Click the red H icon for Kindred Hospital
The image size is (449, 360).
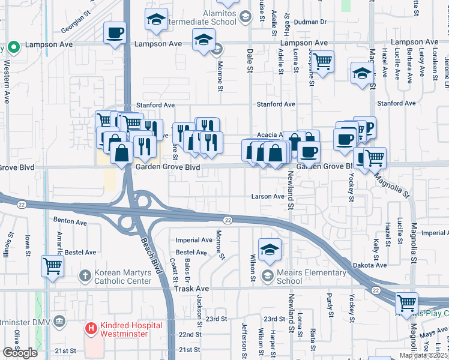91,328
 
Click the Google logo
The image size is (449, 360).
20,353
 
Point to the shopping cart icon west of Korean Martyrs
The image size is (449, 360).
52,265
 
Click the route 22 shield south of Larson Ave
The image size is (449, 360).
228,220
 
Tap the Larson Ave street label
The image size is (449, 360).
268,196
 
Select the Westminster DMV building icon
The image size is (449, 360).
59,322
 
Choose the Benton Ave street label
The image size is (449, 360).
70,221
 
